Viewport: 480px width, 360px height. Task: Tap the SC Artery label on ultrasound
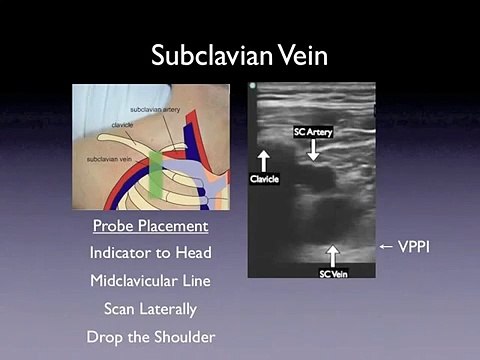[x=312, y=131]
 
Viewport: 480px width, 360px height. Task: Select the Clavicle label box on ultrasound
[x=264, y=179]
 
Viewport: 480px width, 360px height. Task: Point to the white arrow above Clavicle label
[x=264, y=160]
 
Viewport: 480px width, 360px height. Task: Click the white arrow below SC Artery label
[x=313, y=149]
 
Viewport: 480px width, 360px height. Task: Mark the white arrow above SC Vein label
[x=332, y=254]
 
